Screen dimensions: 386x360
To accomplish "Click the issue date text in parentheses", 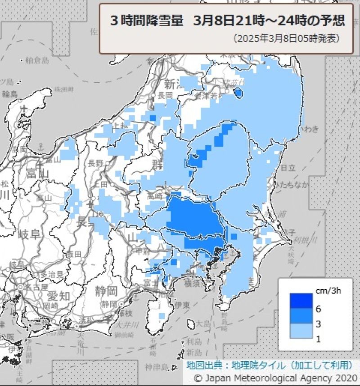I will (x=286, y=39).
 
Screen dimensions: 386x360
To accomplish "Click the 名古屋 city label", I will (x=36, y=287).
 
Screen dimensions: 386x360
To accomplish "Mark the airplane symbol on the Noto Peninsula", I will (x=24, y=108).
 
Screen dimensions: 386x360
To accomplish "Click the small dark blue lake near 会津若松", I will (x=238, y=93).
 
